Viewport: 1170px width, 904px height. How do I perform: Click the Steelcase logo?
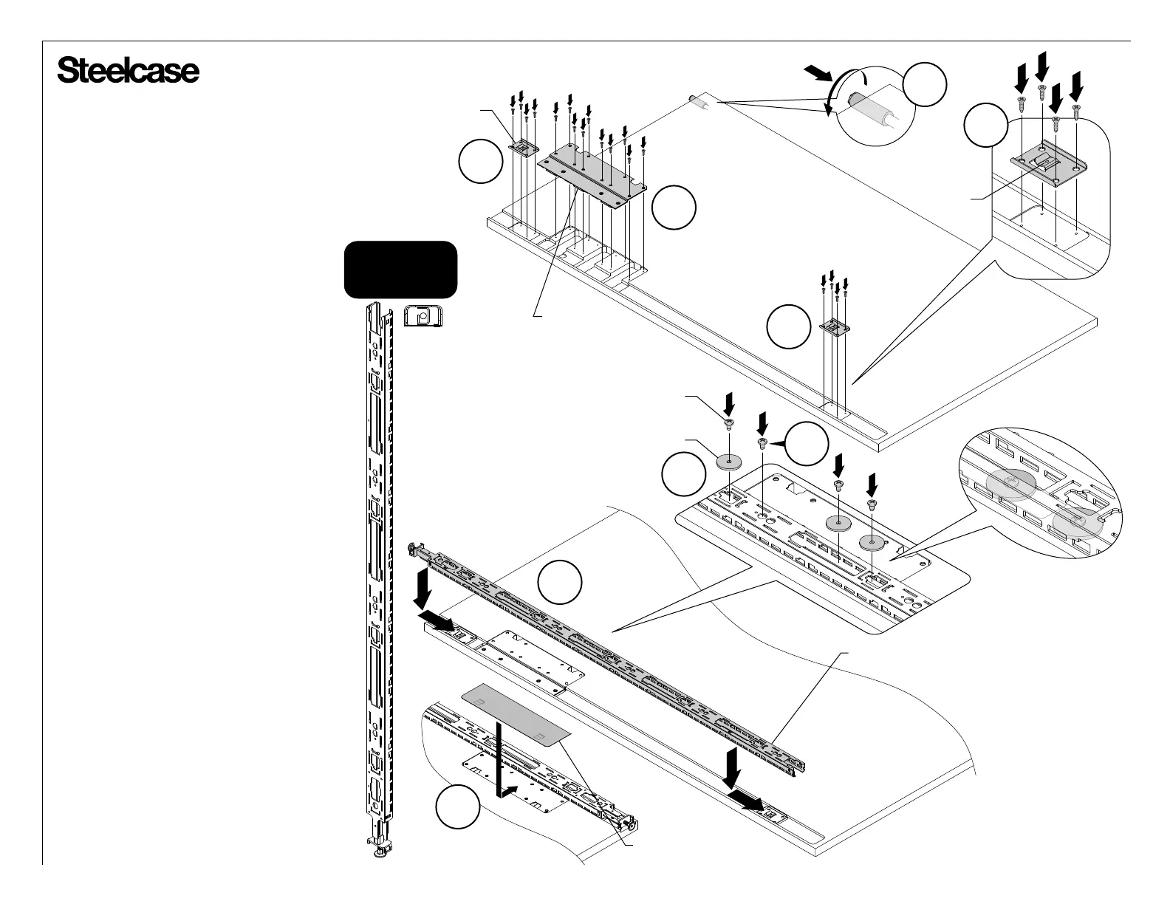click(128, 72)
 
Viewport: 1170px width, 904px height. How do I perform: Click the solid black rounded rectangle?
click(401, 270)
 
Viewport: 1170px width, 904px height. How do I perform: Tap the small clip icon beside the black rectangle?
click(422, 317)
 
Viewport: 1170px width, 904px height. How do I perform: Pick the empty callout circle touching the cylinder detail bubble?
click(926, 85)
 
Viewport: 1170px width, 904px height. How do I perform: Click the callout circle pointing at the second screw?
click(805, 443)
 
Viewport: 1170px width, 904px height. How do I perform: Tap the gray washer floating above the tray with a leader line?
click(730, 462)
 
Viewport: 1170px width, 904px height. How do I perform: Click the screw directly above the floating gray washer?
click(729, 423)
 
